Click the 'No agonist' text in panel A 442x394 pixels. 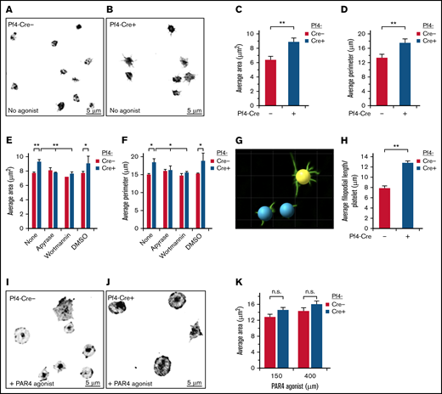coord(26,110)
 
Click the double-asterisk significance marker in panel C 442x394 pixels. coord(280,25)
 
